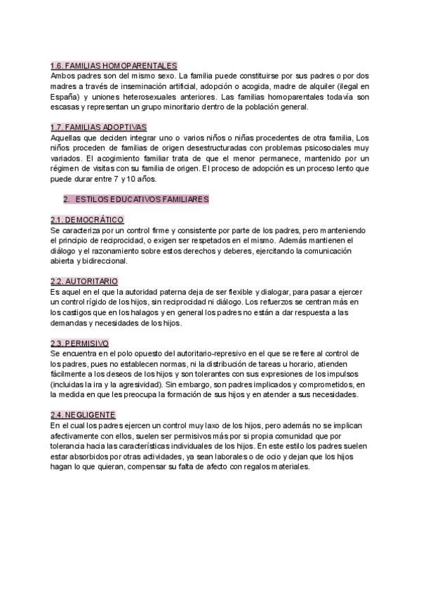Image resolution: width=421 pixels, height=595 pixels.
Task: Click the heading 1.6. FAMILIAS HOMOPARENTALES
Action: [x=114, y=65]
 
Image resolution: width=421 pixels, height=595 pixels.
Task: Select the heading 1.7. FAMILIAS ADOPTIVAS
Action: [x=98, y=127]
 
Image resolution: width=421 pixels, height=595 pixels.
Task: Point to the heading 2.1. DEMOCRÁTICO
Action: [x=87, y=220]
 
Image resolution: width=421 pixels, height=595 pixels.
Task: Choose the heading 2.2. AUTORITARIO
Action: [x=84, y=281]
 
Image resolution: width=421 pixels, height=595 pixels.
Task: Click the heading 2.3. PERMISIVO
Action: [x=80, y=343]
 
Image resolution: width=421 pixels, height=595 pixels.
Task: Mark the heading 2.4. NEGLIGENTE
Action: [x=83, y=415]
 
